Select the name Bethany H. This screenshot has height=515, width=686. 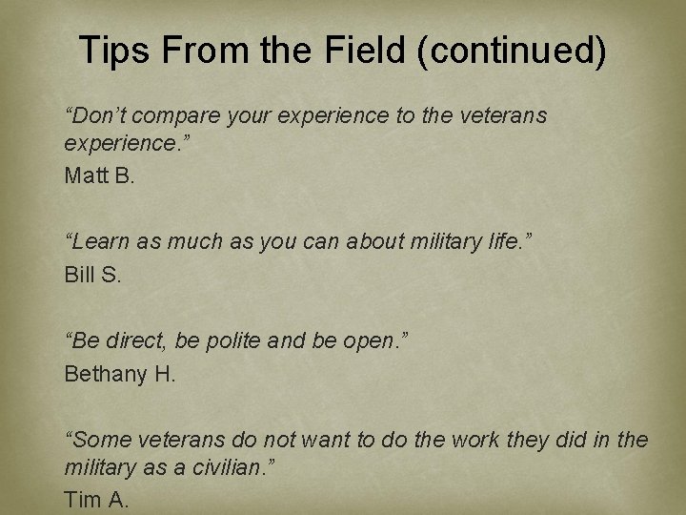(120, 374)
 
